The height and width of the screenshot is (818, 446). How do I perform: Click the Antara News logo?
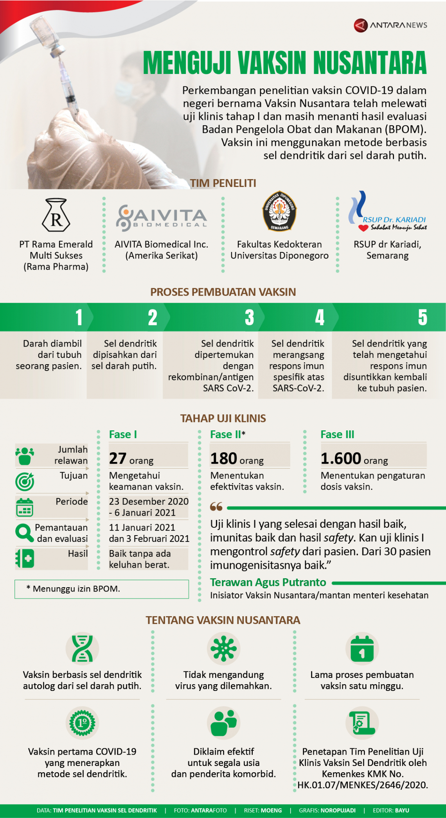point(390,25)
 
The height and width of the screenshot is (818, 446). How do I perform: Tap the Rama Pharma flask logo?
point(56,215)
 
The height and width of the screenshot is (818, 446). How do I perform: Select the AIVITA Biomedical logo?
point(161,217)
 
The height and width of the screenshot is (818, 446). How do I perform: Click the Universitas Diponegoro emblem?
point(279,211)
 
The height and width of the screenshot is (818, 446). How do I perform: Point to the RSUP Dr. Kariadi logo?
point(387,212)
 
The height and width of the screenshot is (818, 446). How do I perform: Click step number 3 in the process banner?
point(249,317)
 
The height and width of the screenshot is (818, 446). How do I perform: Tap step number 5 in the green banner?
point(422,317)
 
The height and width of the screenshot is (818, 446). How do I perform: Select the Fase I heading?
point(123,435)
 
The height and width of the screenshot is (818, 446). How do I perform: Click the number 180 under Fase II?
point(224,458)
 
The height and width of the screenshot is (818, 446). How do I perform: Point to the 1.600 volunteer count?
point(341,458)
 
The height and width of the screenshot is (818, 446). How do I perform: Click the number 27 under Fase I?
point(118,458)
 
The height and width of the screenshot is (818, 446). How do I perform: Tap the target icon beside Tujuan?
point(25,482)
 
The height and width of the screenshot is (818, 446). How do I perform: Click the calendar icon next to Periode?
point(25,507)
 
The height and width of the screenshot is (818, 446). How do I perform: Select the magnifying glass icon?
point(24,533)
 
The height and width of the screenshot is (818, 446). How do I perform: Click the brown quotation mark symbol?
point(216,507)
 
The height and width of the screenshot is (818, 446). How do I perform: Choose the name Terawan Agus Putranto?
point(268,582)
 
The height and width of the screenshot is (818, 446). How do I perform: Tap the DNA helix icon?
point(82,649)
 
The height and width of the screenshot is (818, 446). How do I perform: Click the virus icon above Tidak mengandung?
point(223,649)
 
